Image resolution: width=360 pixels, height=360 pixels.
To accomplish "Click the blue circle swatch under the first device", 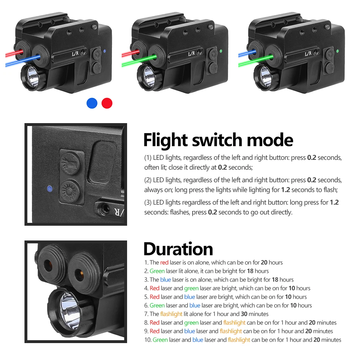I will [92, 103].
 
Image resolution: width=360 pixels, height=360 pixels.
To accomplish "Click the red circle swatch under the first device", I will [107, 103].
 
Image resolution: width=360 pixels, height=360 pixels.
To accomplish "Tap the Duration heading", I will [178, 249].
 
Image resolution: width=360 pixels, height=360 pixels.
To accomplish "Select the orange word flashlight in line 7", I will [171, 314].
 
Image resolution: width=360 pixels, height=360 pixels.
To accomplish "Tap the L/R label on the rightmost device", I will [308, 54].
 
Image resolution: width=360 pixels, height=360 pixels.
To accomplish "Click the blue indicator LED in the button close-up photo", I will [49, 188].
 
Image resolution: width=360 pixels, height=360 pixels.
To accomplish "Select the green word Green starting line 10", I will [160, 340].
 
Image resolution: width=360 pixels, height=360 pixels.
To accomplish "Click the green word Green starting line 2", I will [157, 271].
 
